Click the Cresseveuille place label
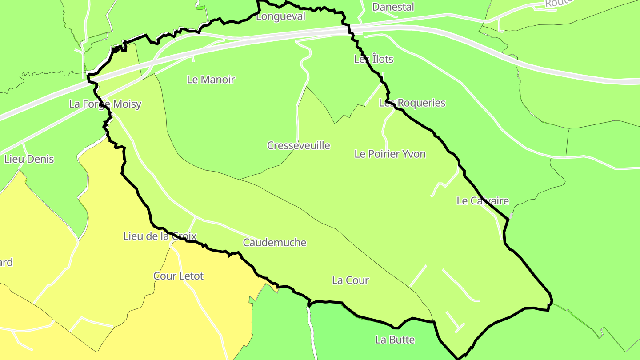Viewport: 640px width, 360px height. (298, 145)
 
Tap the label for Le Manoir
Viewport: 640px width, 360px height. (211, 80)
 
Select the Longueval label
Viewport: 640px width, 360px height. (281, 17)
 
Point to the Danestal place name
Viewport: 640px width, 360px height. (393, 7)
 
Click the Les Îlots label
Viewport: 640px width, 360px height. (373, 59)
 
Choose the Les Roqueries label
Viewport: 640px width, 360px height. (412, 103)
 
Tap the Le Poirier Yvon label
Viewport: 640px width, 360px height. (390, 154)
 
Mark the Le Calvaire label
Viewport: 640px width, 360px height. (483, 201)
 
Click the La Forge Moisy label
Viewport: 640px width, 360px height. (105, 104)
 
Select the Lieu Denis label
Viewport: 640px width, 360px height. (29, 159)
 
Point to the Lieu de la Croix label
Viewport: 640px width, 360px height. (160, 236)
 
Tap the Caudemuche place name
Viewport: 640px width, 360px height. (274, 242)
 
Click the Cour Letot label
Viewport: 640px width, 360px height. (178, 276)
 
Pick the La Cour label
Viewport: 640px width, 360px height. (350, 280)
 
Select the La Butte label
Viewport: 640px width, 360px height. (395, 340)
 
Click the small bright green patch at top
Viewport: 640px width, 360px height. (200, 8)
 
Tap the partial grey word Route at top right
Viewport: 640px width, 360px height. (557, 3)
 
